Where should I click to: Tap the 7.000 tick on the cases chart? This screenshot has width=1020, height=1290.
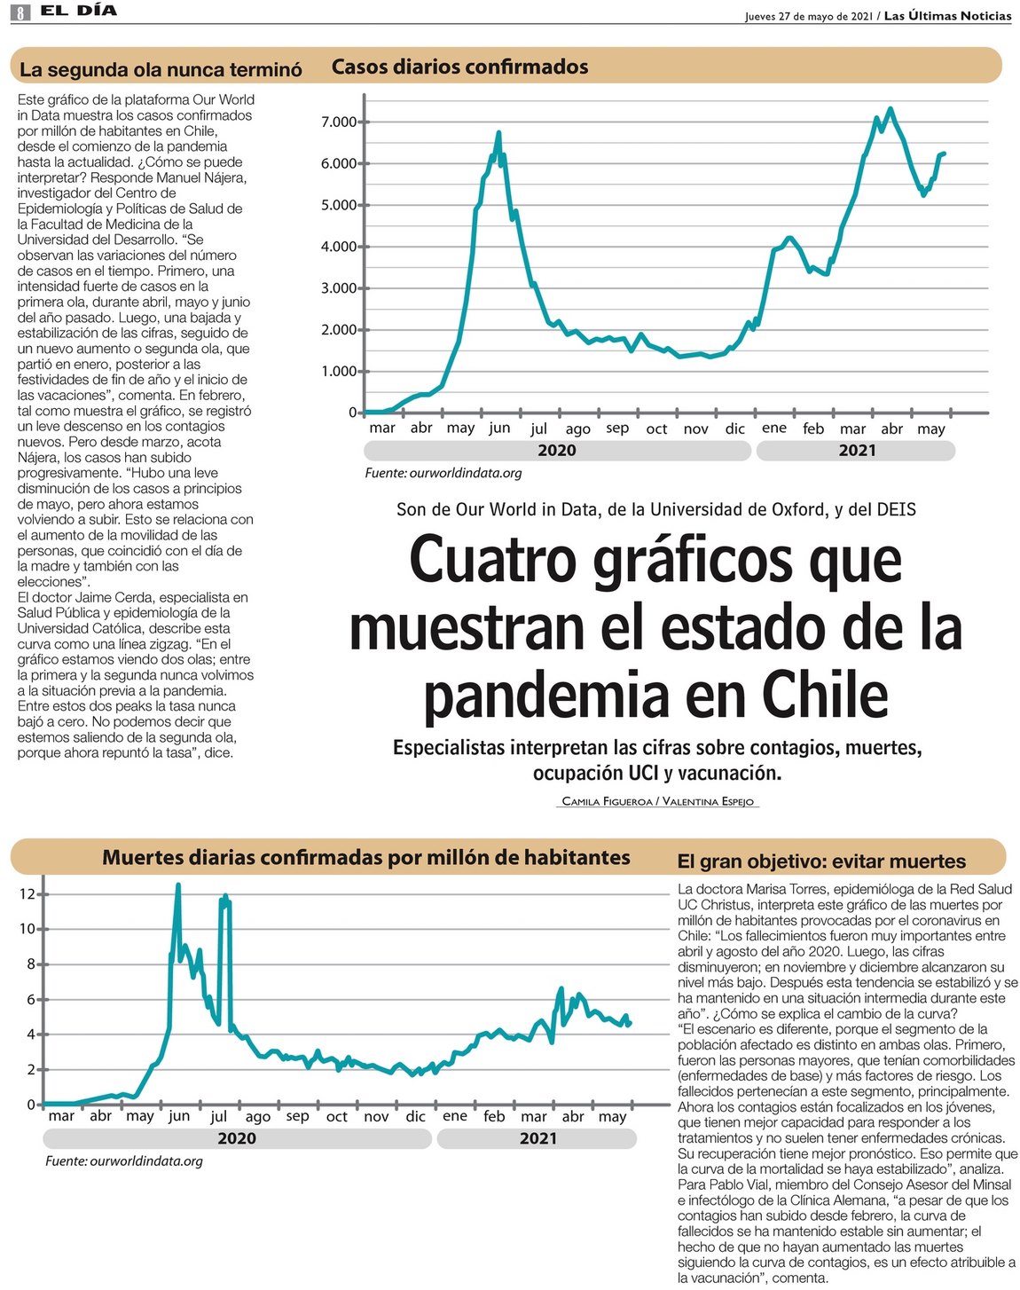coord(339,122)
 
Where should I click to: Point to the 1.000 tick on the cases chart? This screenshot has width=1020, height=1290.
coord(339,372)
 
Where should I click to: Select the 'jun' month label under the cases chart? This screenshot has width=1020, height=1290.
coord(499,429)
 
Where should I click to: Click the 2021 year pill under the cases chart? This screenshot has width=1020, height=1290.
coord(856,451)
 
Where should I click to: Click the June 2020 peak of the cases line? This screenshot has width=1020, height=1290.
coord(498,133)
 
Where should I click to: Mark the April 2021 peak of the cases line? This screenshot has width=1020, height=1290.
coord(890,109)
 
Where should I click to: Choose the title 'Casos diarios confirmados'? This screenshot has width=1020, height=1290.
coord(459,67)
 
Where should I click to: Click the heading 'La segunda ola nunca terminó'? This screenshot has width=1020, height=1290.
coord(161,70)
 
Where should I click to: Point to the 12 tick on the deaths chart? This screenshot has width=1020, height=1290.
coord(27,894)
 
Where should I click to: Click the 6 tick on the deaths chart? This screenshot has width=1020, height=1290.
coord(31,1000)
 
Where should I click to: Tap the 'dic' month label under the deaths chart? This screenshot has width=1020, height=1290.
coord(415,1116)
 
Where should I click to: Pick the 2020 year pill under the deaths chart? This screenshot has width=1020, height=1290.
coord(237,1139)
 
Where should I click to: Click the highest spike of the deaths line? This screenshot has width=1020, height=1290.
coord(178,885)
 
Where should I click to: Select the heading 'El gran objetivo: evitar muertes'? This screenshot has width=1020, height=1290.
coord(820,861)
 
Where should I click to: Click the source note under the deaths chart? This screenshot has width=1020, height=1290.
coord(124,1161)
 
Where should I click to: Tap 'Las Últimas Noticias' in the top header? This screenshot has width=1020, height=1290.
coord(947,16)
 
